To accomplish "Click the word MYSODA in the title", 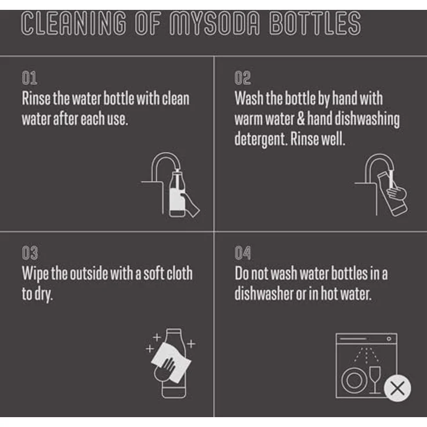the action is tap(215, 24).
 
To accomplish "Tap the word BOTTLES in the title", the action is tap(315, 24).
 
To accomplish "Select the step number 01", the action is tap(30, 78).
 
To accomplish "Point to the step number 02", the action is tap(243, 78).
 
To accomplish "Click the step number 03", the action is tap(30, 253).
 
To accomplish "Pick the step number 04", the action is tap(243, 253).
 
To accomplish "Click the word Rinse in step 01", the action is tap(36, 98).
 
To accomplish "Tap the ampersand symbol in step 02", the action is tap(301, 119).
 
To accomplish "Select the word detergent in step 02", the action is tap(260, 139).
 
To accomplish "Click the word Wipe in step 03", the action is tap(35, 274).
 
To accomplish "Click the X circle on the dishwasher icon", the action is tap(397, 388).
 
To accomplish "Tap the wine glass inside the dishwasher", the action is tap(375, 379).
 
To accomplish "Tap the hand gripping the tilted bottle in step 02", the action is tap(397, 191).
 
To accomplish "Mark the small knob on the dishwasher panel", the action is tap(389, 339).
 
